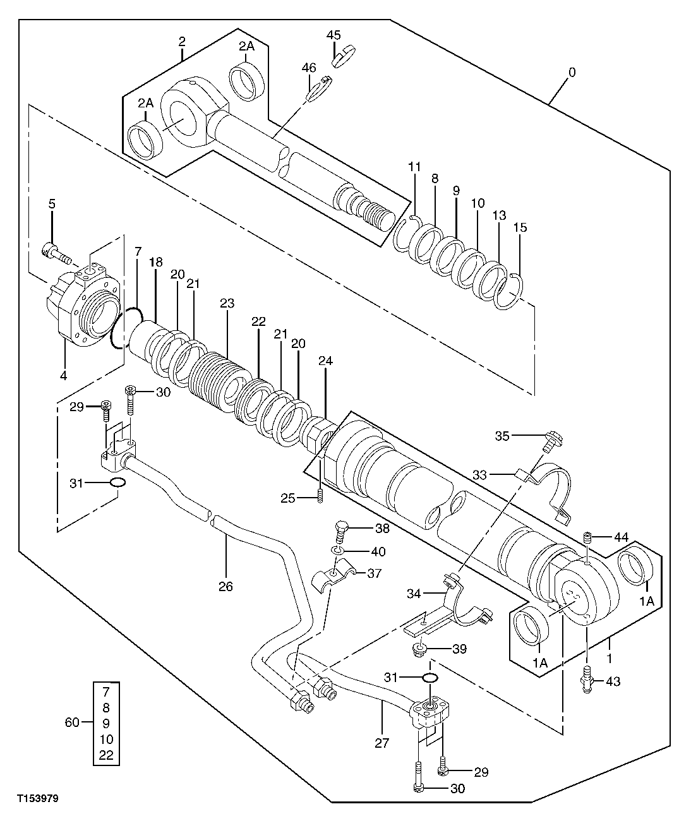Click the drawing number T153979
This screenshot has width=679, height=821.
[x=37, y=799]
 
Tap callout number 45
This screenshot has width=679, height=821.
[x=333, y=35]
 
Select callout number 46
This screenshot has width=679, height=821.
[x=308, y=68]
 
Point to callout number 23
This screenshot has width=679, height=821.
[x=227, y=304]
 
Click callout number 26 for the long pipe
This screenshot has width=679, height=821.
[x=225, y=587]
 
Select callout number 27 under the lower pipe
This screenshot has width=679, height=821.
[x=382, y=743]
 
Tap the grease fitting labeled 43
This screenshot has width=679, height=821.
[x=587, y=681]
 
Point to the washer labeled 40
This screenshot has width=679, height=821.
[x=340, y=551]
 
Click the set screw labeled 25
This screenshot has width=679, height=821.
[x=321, y=497]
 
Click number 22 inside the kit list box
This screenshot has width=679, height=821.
[x=105, y=755]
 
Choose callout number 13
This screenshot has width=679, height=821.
[x=499, y=216]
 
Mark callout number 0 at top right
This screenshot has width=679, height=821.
[x=571, y=73]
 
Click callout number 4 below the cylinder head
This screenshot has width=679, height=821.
[x=63, y=376]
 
